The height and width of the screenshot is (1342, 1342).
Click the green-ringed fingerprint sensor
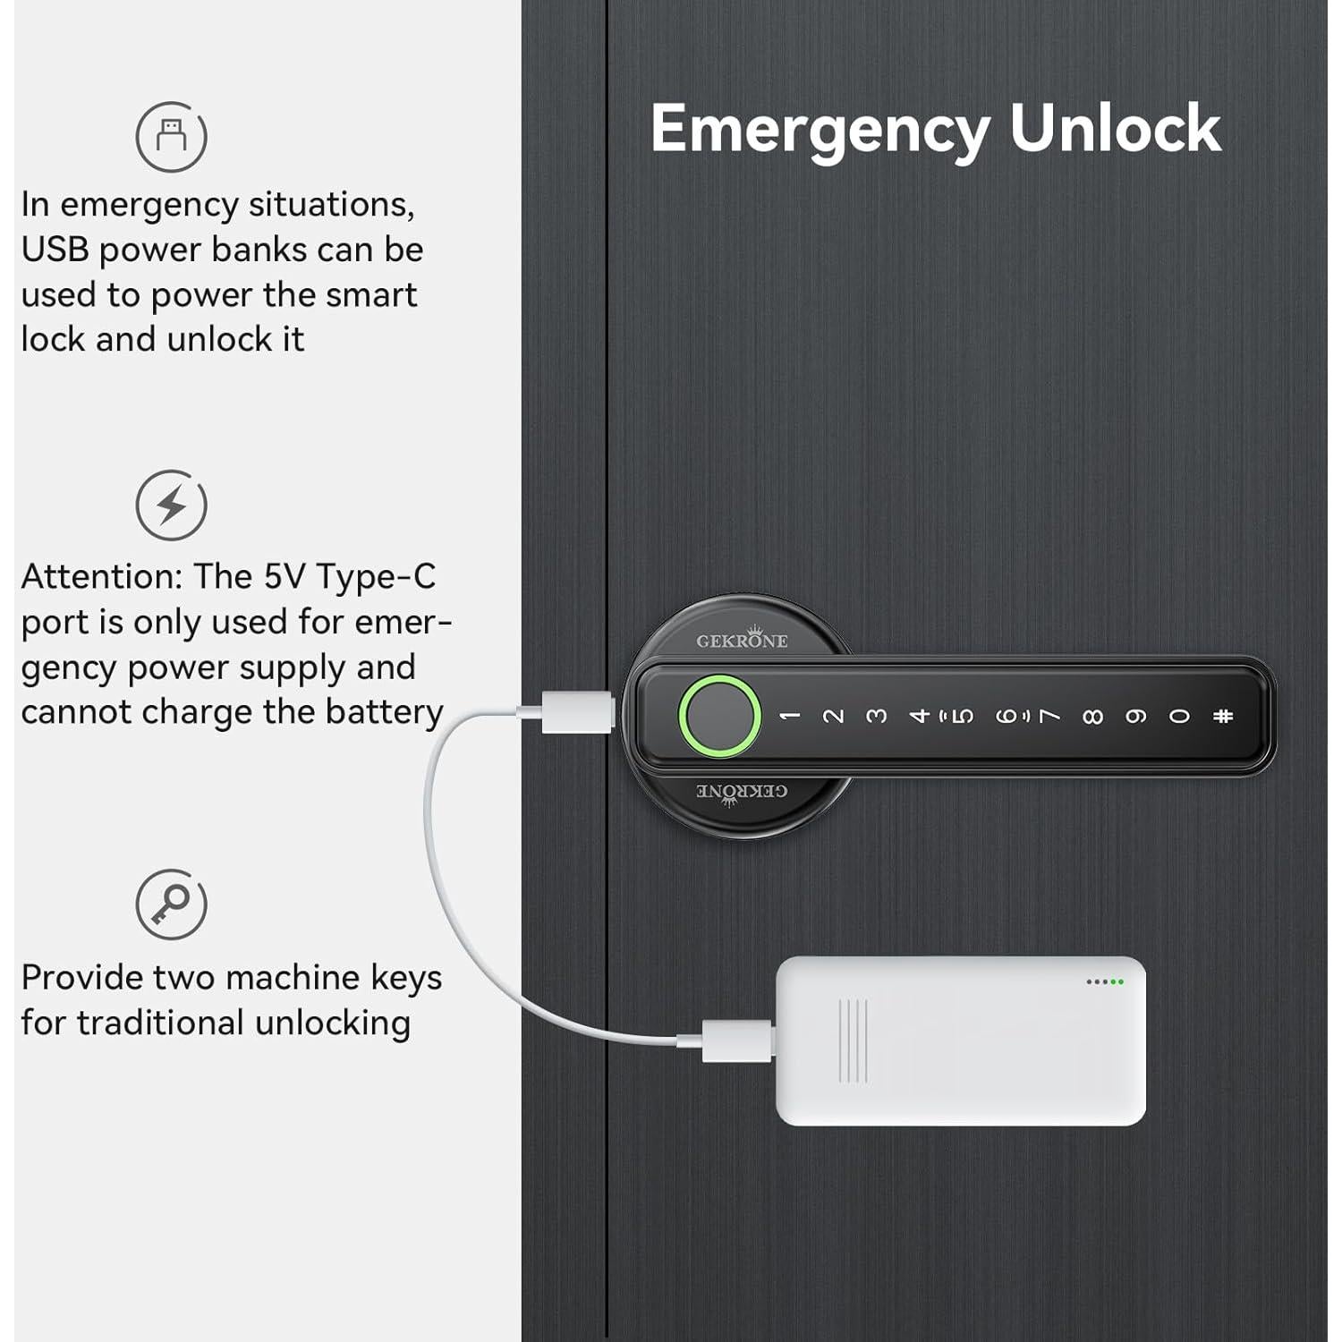[x=719, y=716]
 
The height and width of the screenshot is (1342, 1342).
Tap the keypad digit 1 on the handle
[x=789, y=716]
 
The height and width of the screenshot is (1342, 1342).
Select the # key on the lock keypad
[x=1223, y=716]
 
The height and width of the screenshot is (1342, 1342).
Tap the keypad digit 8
[x=1092, y=717]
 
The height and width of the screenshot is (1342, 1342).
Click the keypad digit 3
[x=876, y=716]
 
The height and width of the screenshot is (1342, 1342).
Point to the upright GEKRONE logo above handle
[x=742, y=640]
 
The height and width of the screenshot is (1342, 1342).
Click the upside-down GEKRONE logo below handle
[x=742, y=792]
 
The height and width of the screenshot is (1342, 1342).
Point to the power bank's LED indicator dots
[x=1104, y=981]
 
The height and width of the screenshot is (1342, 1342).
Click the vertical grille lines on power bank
[x=853, y=1040]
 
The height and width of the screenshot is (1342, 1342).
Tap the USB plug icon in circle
[x=171, y=137]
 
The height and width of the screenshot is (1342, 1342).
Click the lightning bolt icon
[x=171, y=505]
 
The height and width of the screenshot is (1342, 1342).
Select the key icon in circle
[x=171, y=904]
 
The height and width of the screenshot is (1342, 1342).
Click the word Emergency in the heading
[x=819, y=131]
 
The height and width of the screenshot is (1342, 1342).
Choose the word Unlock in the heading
[x=1114, y=129]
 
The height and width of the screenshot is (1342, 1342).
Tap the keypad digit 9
[x=1135, y=717]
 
